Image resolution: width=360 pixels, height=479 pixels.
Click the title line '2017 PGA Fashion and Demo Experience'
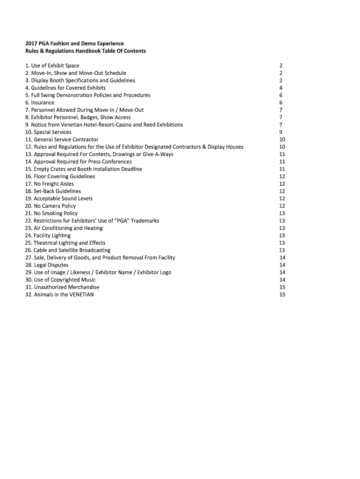point(74,44)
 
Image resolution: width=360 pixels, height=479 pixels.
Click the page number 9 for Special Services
point(281,132)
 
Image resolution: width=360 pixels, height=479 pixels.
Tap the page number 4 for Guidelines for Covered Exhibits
point(281,88)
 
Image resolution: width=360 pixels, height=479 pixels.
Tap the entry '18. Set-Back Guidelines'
point(53,191)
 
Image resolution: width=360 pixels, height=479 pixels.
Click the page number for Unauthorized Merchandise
point(282,287)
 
